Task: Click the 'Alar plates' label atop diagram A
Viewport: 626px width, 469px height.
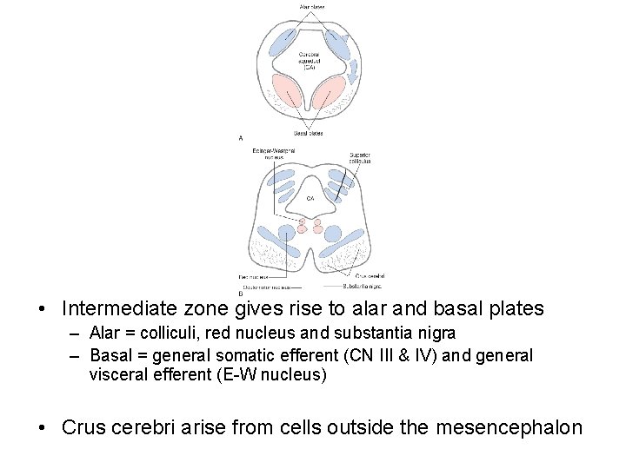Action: click(312, 6)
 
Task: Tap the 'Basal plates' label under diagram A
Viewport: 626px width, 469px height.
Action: click(309, 133)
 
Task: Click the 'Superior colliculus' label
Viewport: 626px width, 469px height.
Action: click(360, 157)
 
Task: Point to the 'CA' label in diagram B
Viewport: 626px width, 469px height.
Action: click(310, 198)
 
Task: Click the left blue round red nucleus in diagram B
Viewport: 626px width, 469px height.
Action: click(285, 234)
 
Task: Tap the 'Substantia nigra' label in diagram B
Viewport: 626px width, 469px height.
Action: click(362, 285)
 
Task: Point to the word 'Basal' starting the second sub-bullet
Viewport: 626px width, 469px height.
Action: click(108, 355)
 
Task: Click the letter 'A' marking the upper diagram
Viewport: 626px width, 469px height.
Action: click(241, 137)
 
